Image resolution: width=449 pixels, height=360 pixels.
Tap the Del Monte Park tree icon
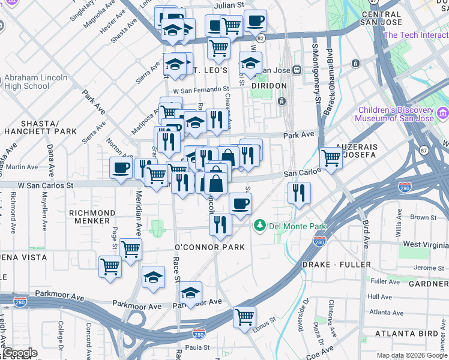pyautogui.click(x=260, y=226)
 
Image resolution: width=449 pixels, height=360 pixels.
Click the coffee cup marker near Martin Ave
pyautogui.click(x=121, y=168)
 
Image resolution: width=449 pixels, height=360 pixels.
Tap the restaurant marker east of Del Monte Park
pyautogui.click(x=298, y=193)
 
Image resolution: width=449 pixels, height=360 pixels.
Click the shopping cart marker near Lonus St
pyautogui.click(x=244, y=316)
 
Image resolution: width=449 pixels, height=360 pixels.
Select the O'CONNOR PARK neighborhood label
pyautogui.click(x=209, y=247)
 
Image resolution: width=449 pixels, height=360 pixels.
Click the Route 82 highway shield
pyautogui.click(x=260, y=38)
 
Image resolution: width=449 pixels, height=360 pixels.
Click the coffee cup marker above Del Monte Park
pyautogui.click(x=240, y=204)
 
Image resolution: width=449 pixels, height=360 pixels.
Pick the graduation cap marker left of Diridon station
pyautogui.click(x=250, y=62)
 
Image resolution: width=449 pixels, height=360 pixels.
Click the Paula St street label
pyautogui.click(x=197, y=347)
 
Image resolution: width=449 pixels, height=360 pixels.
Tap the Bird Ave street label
pyautogui.click(x=366, y=235)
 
